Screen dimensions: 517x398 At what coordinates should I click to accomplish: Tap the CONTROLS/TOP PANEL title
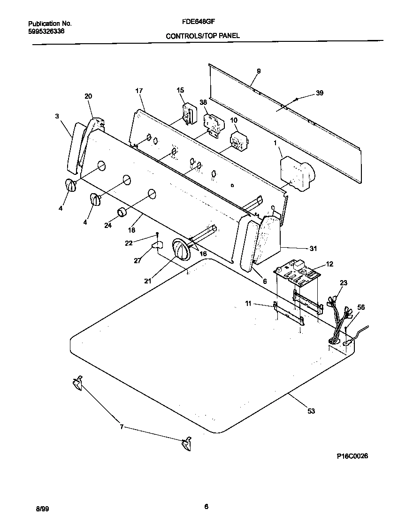click(x=199, y=36)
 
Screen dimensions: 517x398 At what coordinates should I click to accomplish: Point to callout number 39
click(x=319, y=93)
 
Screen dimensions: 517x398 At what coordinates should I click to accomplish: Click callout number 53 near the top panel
click(x=311, y=411)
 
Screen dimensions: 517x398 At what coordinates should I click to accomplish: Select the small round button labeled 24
click(x=122, y=212)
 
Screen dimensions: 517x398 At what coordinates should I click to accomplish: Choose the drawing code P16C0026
click(x=352, y=456)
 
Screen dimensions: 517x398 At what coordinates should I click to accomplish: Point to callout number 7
click(x=122, y=427)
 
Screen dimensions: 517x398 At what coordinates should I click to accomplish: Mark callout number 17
click(x=138, y=90)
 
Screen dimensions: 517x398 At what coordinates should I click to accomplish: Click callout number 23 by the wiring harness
click(x=344, y=283)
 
